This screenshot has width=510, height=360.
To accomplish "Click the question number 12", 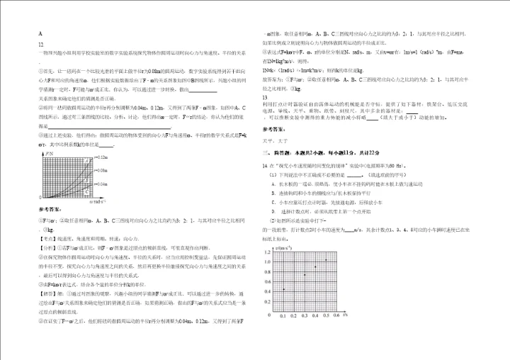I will (40, 44).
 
